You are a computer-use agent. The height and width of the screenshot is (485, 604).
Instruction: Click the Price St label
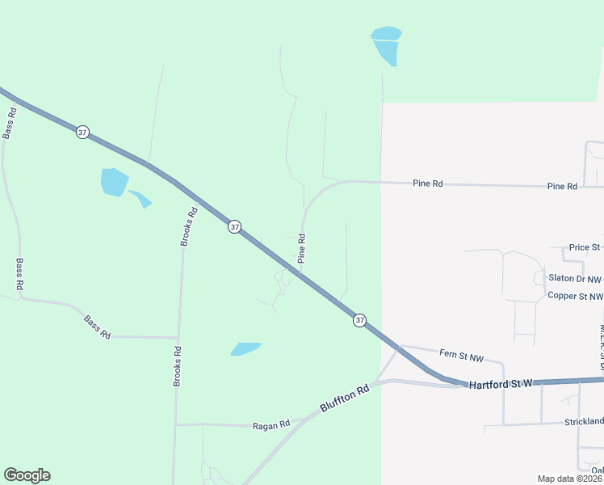click(x=585, y=247)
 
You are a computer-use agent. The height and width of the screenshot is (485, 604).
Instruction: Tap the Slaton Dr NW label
click(x=575, y=278)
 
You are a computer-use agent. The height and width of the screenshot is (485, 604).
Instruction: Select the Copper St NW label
click(x=575, y=296)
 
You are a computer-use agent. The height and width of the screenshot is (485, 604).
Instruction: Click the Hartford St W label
click(x=501, y=384)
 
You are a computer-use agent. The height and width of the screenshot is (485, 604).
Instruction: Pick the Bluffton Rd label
click(x=344, y=399)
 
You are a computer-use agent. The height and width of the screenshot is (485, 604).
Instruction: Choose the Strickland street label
click(x=584, y=422)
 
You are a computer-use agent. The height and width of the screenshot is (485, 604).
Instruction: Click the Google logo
click(x=27, y=475)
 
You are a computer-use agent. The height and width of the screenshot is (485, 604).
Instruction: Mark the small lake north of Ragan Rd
click(x=246, y=348)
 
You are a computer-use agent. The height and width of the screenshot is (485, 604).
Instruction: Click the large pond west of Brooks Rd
click(x=114, y=181)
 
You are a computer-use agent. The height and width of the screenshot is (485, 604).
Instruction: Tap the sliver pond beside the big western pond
click(x=141, y=198)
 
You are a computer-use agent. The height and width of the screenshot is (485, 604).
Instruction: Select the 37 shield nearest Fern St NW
click(x=359, y=321)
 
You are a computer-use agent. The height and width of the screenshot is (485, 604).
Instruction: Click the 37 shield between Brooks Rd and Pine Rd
click(x=234, y=227)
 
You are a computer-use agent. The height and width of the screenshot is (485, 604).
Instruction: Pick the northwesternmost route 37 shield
click(x=82, y=132)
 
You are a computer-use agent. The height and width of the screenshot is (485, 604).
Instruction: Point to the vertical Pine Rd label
click(x=301, y=249)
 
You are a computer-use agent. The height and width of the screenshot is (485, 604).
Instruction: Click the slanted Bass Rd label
click(x=97, y=327)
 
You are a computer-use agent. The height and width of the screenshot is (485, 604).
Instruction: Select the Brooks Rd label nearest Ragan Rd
click(x=177, y=366)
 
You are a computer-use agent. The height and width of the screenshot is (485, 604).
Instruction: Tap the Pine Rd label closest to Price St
click(x=562, y=186)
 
